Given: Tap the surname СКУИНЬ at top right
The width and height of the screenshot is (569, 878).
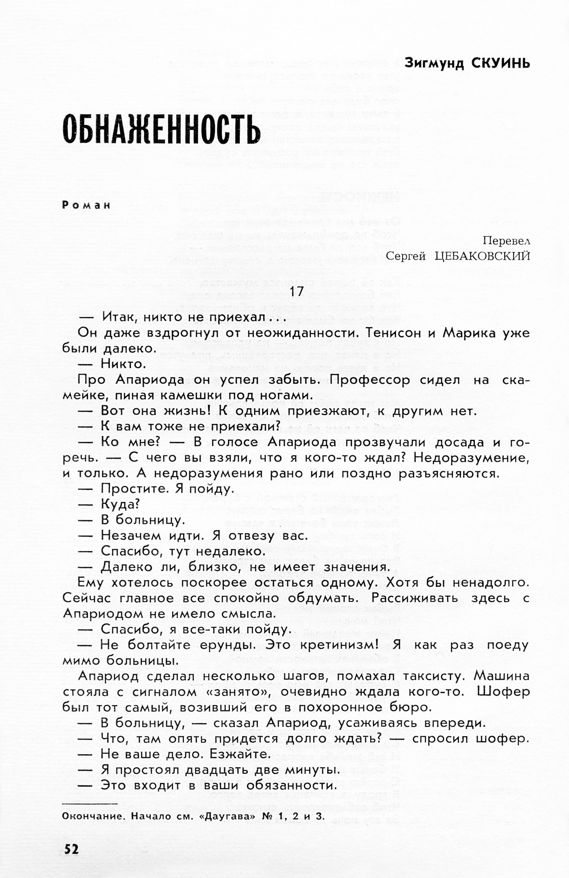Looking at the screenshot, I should point(500,64).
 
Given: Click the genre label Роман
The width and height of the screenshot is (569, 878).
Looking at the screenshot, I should point(86,206).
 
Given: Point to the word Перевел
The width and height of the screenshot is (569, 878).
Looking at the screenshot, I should point(506,241).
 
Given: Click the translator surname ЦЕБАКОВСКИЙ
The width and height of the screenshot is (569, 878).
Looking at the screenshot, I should point(482,256).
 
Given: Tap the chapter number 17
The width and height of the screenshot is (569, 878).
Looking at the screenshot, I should point(296,292).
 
